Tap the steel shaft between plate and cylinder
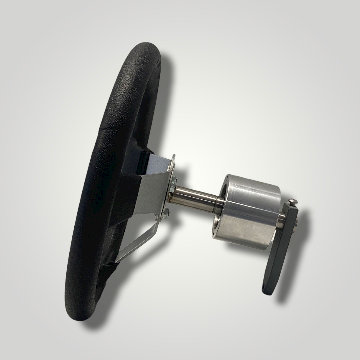(193, 197)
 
